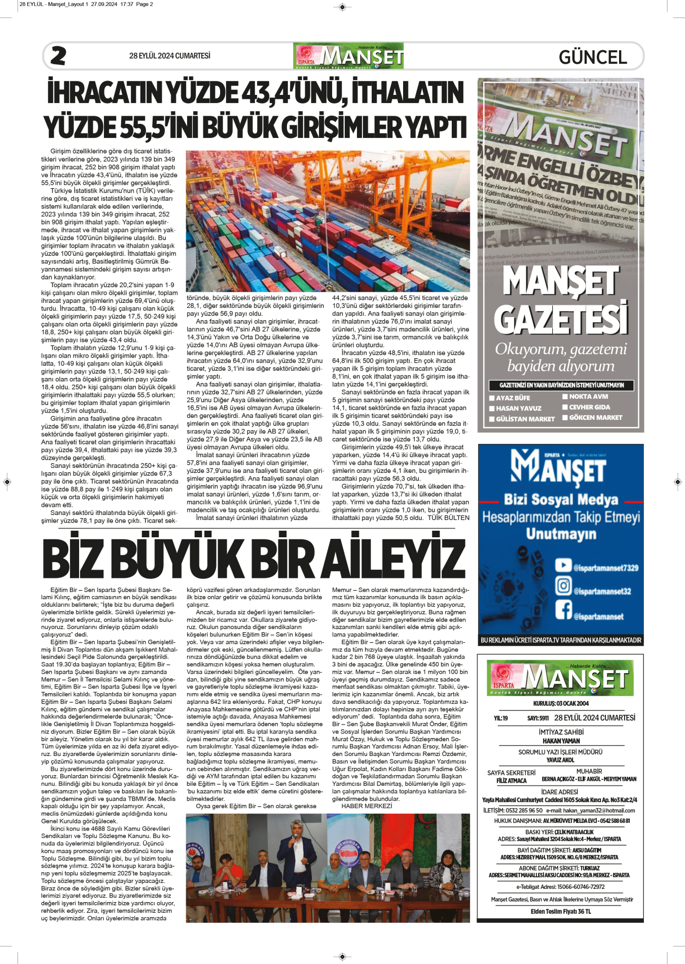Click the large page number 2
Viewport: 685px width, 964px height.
point(58,56)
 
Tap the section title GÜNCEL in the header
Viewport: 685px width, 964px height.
point(593,57)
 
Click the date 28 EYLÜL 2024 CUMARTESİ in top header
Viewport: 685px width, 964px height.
point(169,56)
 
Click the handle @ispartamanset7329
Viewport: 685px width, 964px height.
point(606,568)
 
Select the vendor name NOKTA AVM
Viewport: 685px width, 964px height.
point(588,397)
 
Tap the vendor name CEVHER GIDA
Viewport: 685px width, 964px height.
point(589,407)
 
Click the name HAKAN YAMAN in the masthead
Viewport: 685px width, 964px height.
point(561,741)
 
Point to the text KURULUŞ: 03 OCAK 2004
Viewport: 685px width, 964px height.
point(561,704)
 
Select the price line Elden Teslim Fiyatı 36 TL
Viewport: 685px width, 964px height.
point(561,911)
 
